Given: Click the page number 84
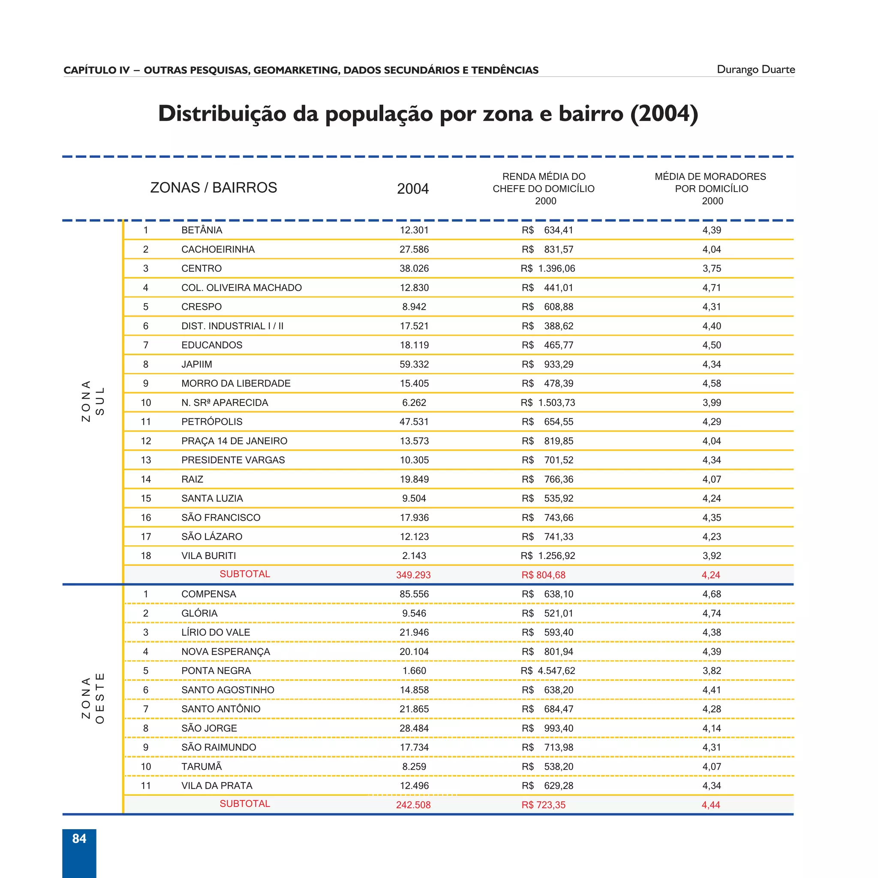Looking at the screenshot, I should [79, 839].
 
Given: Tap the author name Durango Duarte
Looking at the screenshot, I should [755, 69].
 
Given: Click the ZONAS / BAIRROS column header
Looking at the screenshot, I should [213, 188].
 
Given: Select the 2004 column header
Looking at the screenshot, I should [413, 189].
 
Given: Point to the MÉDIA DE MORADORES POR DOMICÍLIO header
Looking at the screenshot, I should [710, 188].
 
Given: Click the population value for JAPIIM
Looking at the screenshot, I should [414, 364].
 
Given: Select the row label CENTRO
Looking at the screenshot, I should [201, 268].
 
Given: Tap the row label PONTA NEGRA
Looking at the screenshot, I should [216, 671].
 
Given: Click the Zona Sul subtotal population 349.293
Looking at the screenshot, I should [413, 575].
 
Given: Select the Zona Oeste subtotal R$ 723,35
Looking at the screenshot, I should [543, 805].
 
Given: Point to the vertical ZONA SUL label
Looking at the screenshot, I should [93, 401].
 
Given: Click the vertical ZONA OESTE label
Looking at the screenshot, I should [93, 698].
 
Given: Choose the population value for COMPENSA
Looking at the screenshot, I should [414, 594].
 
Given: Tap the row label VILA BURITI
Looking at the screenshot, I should [209, 556].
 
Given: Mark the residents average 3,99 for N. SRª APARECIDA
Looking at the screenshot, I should [712, 403].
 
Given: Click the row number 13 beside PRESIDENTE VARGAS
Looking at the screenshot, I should [145, 460].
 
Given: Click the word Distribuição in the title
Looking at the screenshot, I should [222, 114].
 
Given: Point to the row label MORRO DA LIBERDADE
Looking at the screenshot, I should [236, 384].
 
